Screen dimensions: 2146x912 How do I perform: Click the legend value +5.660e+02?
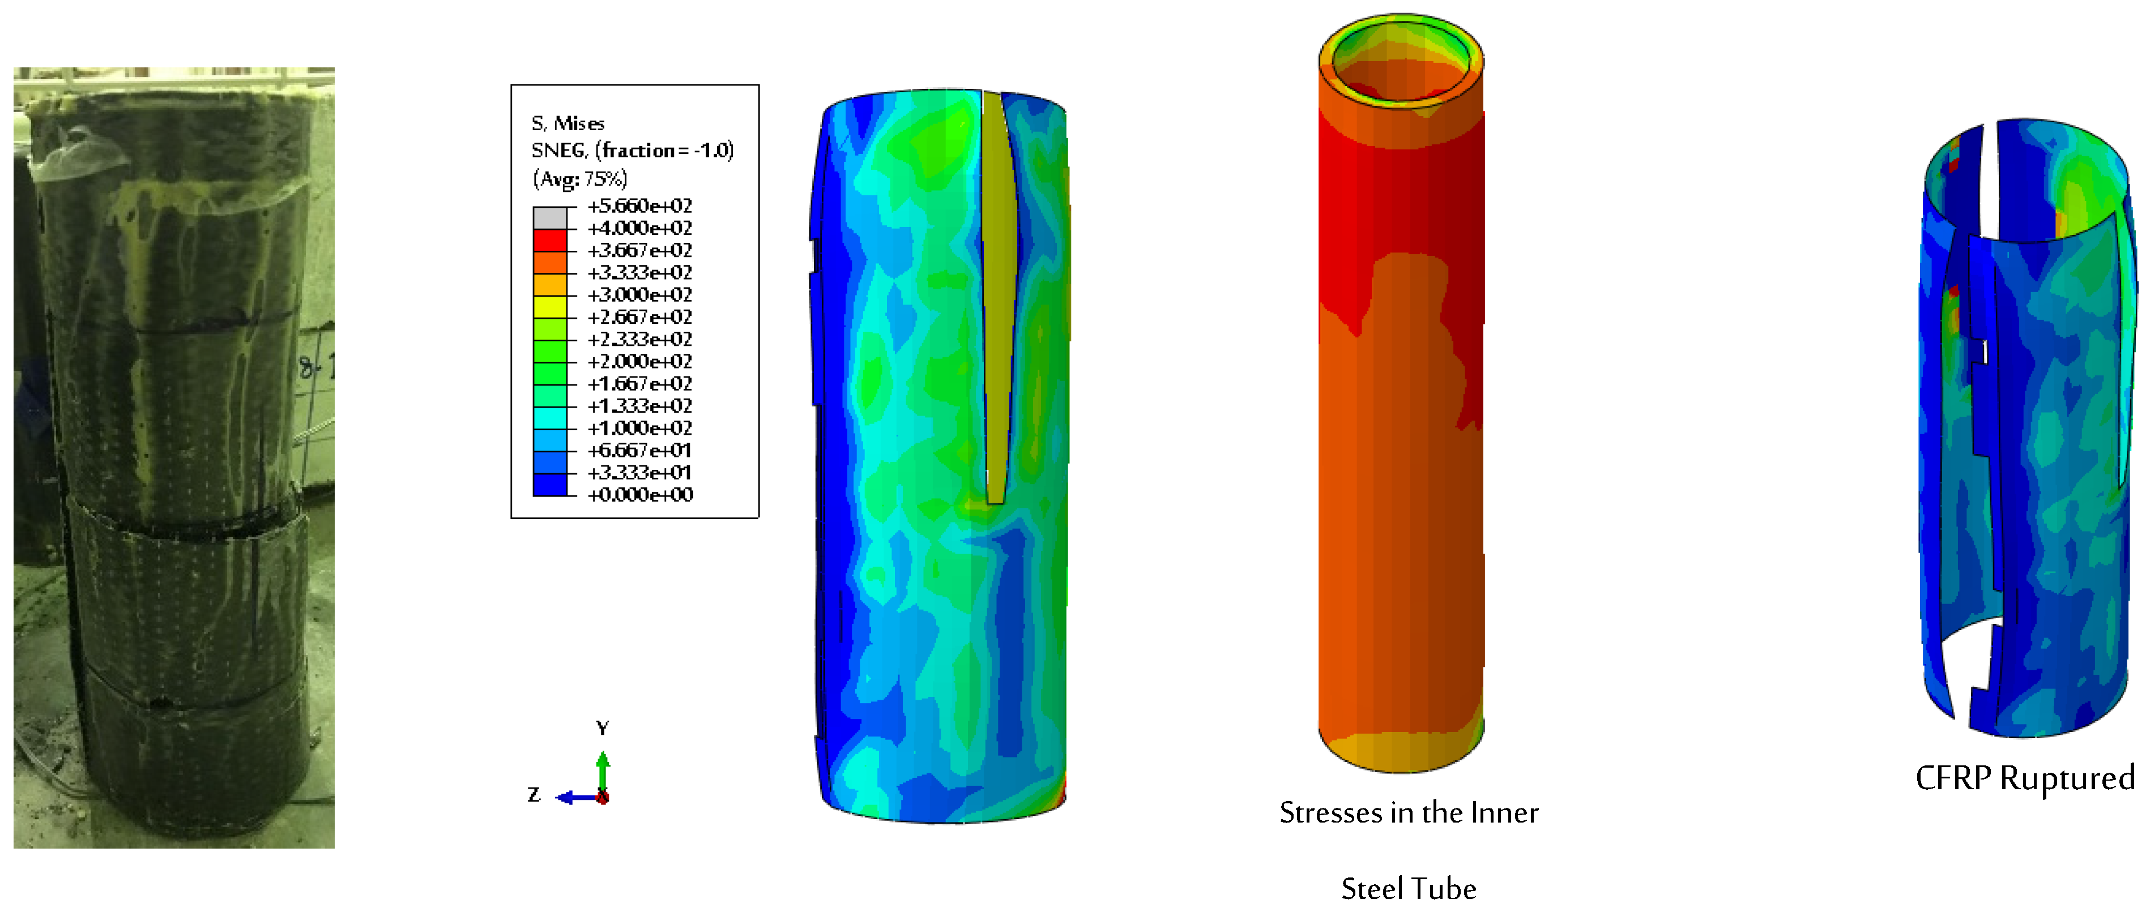click(640, 205)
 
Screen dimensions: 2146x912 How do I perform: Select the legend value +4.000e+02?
click(640, 228)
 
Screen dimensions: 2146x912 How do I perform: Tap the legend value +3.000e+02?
click(640, 295)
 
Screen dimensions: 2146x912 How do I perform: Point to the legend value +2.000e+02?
click(640, 362)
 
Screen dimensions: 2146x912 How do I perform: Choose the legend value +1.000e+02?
click(640, 428)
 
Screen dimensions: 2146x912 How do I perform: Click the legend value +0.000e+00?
click(640, 495)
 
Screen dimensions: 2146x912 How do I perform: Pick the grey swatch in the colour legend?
click(550, 217)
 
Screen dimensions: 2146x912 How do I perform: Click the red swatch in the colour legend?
click(550, 240)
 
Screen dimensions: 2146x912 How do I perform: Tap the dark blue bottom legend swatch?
click(550, 485)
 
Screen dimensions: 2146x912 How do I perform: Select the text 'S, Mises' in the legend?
click(568, 123)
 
